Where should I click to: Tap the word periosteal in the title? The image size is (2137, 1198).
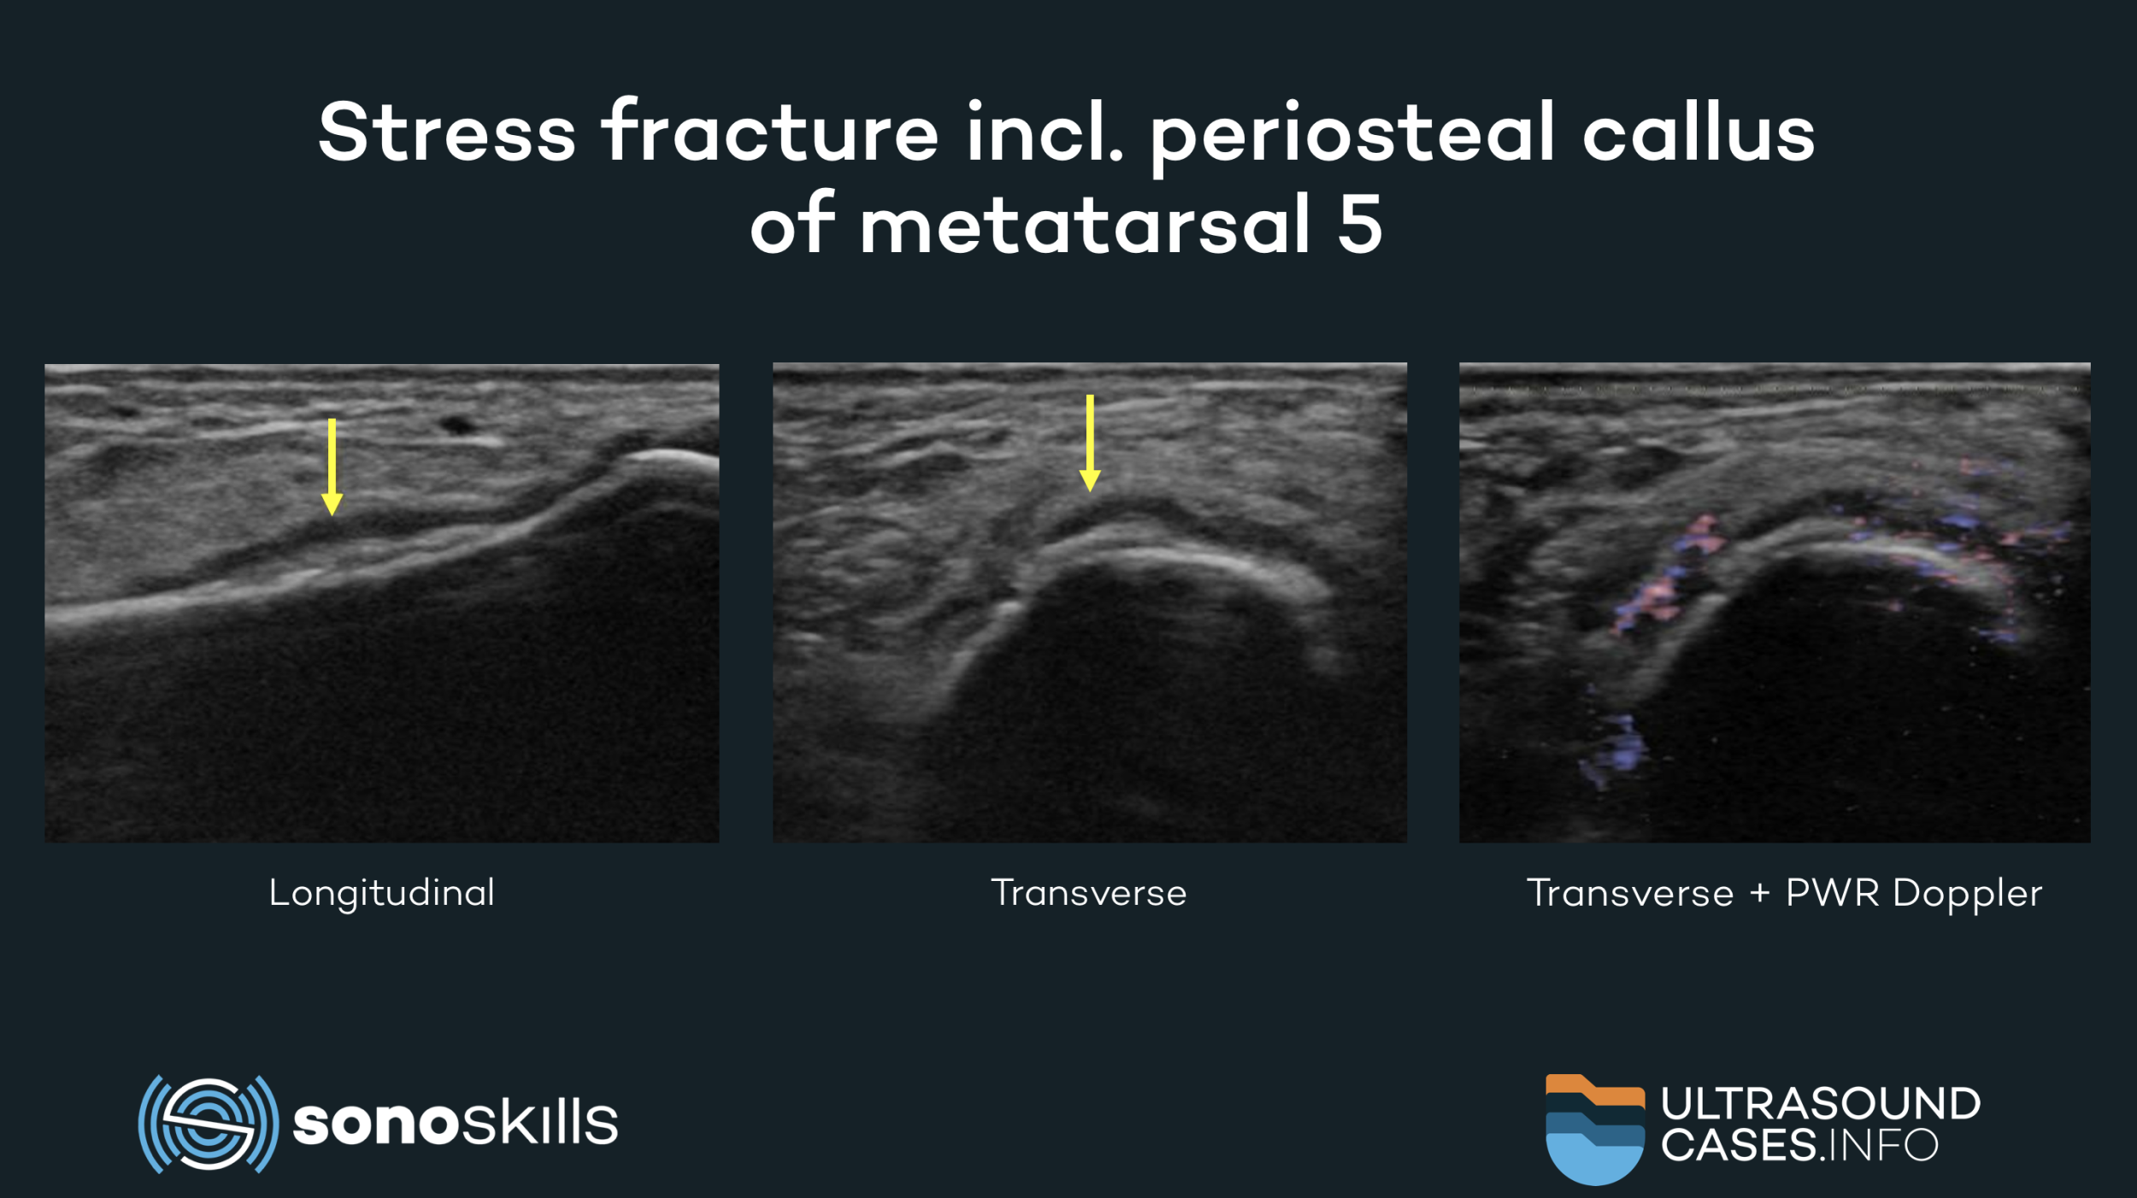coord(1351,137)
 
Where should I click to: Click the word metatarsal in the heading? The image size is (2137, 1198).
coord(1085,224)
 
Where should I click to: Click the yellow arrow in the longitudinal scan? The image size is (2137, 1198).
coord(332,467)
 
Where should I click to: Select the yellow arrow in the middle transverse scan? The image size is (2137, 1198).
coord(1090,443)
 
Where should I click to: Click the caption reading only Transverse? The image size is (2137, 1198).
coord(1089,893)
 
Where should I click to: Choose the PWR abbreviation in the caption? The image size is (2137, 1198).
coord(1833,893)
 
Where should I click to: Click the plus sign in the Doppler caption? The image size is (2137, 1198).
coord(1760,895)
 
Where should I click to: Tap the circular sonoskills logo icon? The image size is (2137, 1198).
coord(209,1124)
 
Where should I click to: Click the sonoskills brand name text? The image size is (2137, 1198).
coord(456,1122)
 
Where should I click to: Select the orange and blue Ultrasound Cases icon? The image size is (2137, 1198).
coord(1595,1129)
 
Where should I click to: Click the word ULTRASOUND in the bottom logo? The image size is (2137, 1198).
coord(1821,1103)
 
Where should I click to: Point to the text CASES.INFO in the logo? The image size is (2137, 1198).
coord(1799,1145)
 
